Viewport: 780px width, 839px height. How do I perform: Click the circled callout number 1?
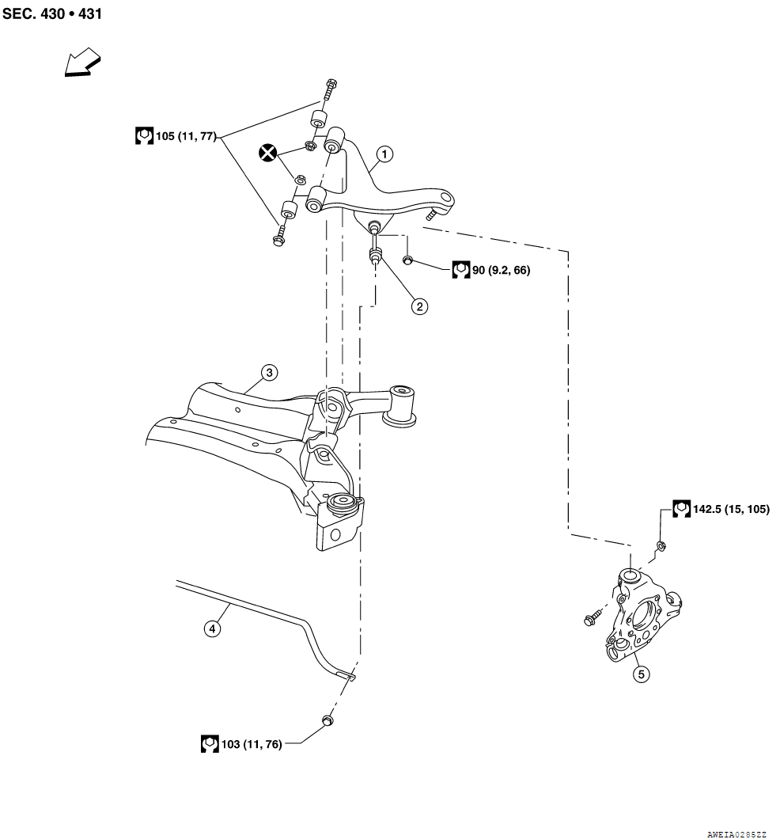[384, 154]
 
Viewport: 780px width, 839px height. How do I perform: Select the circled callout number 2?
[420, 306]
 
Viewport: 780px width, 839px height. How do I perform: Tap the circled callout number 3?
[269, 373]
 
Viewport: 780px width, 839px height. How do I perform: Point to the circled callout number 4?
[212, 628]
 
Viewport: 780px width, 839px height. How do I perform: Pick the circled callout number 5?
[642, 674]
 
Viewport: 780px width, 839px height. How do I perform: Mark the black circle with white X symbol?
[267, 153]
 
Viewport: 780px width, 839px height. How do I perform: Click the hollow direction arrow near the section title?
[82, 62]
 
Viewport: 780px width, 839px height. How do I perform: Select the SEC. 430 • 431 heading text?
[52, 13]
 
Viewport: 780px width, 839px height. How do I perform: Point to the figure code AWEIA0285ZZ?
[736, 834]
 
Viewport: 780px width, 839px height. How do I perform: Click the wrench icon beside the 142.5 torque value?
[681, 509]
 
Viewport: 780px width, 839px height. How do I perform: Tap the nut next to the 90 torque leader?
[407, 260]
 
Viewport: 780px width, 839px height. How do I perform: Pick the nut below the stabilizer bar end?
[328, 720]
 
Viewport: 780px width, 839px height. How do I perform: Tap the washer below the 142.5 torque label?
[661, 546]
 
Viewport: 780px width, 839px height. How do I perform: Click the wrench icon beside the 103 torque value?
[210, 744]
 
